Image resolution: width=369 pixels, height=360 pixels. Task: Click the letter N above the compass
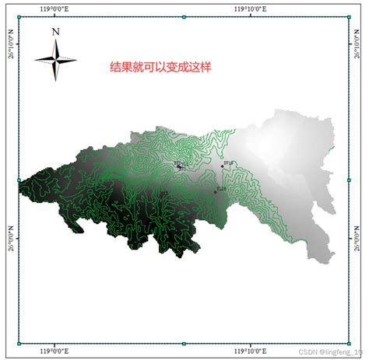55,32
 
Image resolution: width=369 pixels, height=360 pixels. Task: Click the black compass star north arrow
55,60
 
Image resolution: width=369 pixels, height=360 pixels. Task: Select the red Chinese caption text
160,68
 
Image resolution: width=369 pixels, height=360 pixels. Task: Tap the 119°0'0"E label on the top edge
54,8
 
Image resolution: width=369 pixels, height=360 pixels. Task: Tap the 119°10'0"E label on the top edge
251,8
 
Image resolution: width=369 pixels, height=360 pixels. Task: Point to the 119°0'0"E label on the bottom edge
54,351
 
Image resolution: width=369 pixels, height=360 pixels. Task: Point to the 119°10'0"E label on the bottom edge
251,351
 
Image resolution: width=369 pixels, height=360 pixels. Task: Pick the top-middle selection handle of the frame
184,17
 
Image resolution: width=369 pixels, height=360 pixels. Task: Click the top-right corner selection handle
349,17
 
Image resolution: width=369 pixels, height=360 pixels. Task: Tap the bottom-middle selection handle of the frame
184,343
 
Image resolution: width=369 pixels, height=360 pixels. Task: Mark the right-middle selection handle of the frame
349,180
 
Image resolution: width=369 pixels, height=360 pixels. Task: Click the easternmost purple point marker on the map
222,166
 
